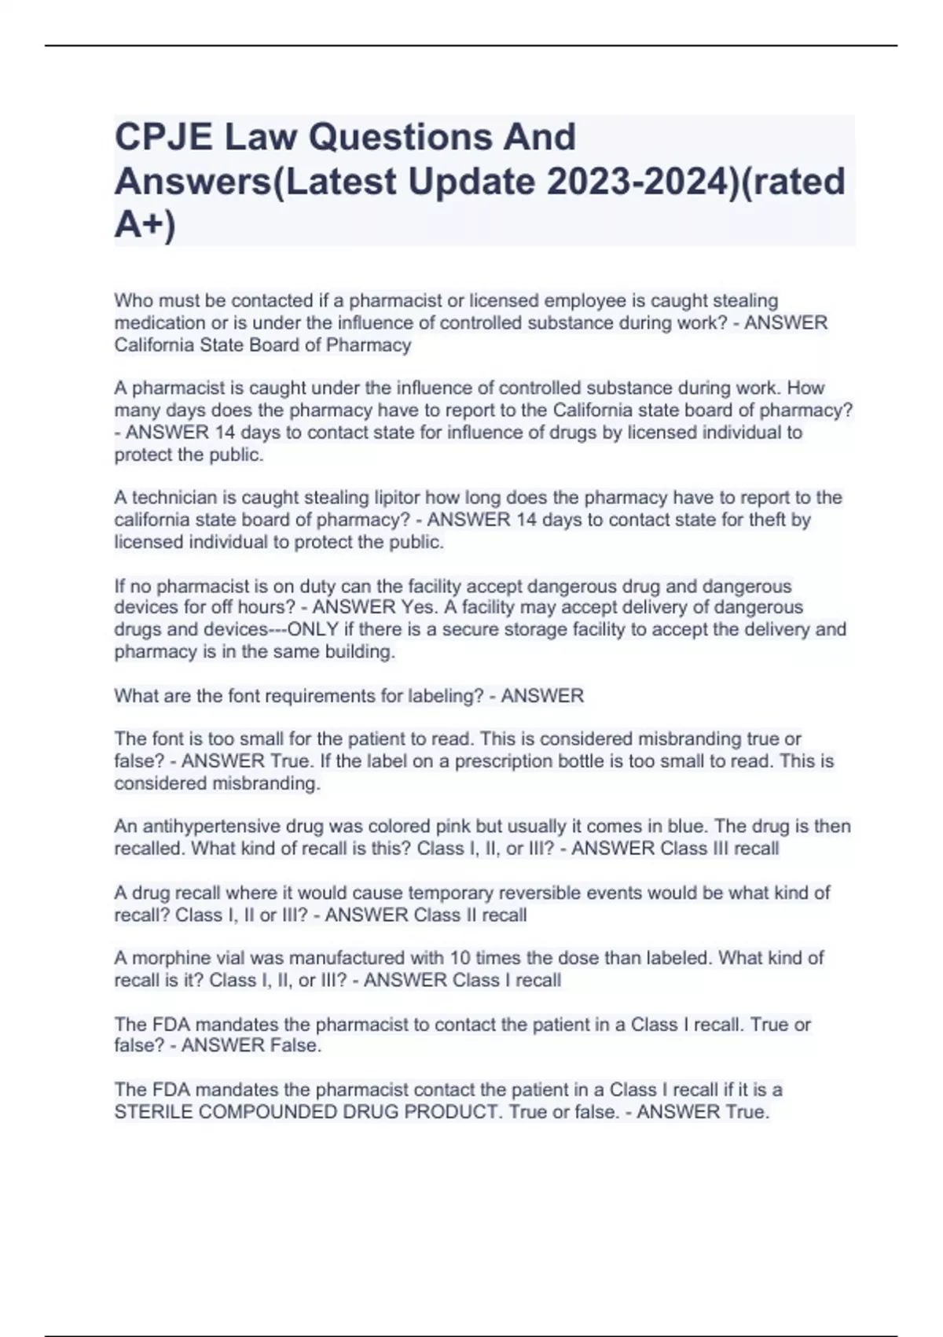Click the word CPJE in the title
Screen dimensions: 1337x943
point(163,137)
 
